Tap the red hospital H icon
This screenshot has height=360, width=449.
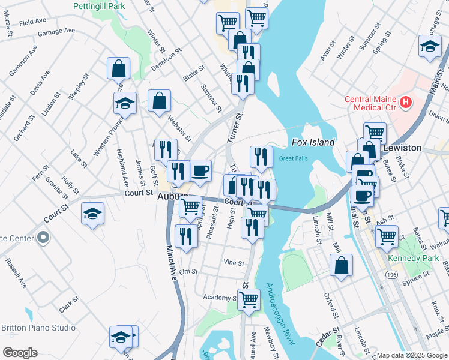coord(406,103)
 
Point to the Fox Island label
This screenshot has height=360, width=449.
coord(313,142)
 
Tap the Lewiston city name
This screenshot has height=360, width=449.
coord(405,148)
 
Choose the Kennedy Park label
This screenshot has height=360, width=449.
coord(411,258)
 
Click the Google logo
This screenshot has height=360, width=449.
coord(20,353)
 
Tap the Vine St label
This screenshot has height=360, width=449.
coord(234,263)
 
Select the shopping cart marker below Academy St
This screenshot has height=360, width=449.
coord(248,299)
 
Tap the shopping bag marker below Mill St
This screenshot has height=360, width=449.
coord(341,265)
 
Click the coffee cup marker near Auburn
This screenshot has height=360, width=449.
coord(200,170)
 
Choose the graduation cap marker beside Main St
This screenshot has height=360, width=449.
coord(430,47)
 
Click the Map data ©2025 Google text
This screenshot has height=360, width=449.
coord(412,355)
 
